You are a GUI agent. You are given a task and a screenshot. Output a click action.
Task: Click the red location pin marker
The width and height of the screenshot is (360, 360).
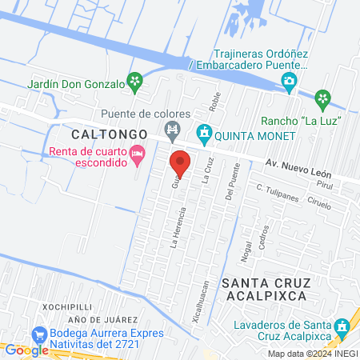180,163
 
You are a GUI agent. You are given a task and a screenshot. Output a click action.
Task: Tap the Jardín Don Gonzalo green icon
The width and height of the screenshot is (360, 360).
136,81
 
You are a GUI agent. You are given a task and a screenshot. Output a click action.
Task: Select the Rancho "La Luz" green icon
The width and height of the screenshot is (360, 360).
322,99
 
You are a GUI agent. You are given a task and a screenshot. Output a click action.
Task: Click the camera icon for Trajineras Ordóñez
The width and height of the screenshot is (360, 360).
289,80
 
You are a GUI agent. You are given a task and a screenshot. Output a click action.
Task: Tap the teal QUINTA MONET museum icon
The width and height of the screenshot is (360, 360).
203,130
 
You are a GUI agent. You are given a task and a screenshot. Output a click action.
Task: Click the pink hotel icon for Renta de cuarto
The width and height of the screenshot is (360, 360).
138,152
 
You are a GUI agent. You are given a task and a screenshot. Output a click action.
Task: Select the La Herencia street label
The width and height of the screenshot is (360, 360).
178,228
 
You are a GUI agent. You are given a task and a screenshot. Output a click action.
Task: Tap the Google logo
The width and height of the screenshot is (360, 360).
26,350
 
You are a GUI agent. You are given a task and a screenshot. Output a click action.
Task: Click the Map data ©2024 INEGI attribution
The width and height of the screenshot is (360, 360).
312,354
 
